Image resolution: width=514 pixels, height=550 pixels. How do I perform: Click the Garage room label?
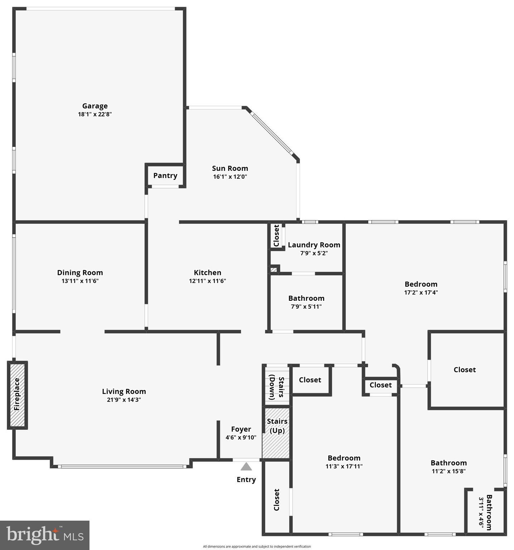95,106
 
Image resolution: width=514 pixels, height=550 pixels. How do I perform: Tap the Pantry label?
165,175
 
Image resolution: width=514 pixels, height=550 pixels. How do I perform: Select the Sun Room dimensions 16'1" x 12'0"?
230,177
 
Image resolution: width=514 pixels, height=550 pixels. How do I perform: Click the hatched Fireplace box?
18,395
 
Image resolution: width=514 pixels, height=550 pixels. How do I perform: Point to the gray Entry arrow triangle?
246,467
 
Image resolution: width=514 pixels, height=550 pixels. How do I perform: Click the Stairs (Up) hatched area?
277,433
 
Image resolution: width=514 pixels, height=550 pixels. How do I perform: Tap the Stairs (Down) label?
276,387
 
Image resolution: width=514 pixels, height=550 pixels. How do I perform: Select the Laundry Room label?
314,245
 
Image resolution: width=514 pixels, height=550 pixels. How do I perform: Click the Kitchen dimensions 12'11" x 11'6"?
207,281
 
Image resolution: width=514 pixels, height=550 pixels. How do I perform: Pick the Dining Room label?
80,272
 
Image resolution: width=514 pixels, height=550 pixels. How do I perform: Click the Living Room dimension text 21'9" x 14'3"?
124,400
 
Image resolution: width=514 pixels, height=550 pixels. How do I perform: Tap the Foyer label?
241,429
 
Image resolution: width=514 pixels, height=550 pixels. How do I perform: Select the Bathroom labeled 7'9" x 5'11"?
306,298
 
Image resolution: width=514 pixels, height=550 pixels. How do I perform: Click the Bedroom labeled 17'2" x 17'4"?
421,284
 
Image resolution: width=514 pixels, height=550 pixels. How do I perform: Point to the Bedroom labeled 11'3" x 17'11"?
344,458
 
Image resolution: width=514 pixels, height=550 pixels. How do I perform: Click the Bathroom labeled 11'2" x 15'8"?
448,463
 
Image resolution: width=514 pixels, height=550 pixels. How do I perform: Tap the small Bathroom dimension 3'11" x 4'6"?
481,512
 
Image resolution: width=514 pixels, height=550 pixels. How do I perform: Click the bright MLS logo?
45,535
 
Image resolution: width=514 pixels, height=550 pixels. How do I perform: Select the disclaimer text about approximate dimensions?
257,546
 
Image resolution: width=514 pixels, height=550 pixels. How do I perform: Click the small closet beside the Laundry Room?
276,235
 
